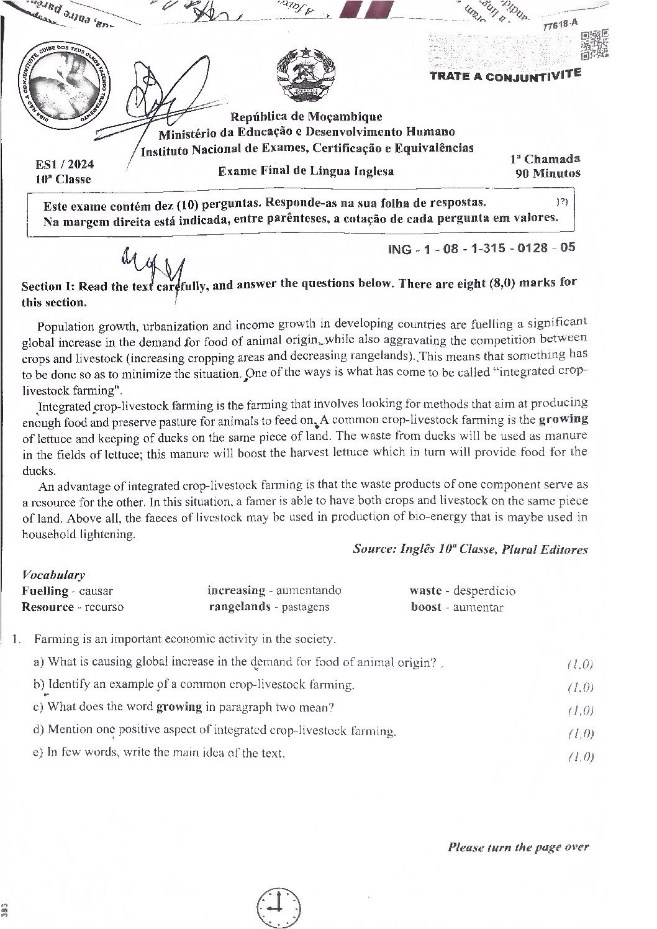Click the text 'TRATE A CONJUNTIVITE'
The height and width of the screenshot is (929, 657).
tap(505, 75)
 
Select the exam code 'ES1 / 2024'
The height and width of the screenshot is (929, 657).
tap(65, 165)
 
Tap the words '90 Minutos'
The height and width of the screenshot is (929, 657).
tap(548, 174)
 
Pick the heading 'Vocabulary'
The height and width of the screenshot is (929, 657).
tap(53, 575)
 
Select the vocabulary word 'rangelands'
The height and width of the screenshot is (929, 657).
tap(240, 607)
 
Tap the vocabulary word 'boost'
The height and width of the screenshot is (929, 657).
tap(426, 608)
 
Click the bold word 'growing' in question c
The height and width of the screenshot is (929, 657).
tap(179, 707)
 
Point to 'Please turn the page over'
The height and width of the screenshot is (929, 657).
tap(518, 847)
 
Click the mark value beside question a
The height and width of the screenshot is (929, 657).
tap(581, 664)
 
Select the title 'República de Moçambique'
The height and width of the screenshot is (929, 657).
tap(306, 116)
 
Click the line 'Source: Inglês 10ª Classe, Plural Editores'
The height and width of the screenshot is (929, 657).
tap(470, 549)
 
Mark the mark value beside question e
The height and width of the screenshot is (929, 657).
tap(581, 756)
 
